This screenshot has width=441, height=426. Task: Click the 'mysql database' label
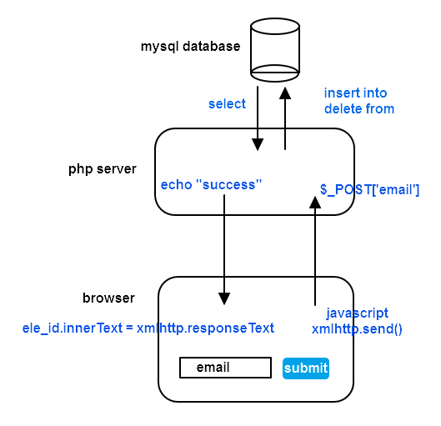point(191,46)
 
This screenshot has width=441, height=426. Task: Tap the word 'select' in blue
point(227,103)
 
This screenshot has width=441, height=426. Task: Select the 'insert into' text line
point(355,93)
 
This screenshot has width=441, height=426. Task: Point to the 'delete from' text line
point(358,108)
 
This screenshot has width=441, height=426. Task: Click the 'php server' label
point(103,168)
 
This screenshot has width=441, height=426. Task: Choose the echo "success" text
point(212,184)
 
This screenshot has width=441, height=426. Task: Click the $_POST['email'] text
point(369,190)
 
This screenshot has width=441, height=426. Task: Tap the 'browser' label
point(108,298)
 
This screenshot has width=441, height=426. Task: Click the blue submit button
point(306,368)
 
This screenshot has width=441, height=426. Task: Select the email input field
point(225,368)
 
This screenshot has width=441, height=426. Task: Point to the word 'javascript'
point(357,313)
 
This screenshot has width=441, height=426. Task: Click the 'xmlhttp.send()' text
point(357,328)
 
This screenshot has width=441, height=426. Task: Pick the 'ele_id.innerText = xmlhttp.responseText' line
point(148,328)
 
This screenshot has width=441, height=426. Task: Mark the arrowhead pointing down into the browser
point(223,298)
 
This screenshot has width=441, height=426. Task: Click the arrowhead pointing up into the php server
point(315,202)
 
